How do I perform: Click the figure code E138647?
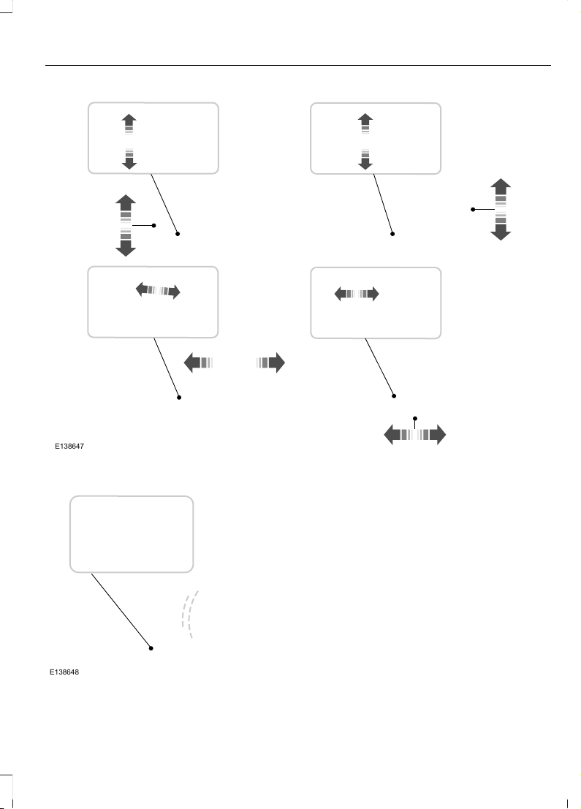click(x=69, y=447)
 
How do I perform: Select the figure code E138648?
click(x=64, y=672)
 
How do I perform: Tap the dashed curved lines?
click(x=189, y=614)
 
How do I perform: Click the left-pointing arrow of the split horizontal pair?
click(x=198, y=362)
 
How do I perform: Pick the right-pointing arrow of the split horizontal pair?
click(x=270, y=362)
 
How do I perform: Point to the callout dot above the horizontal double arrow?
click(x=415, y=419)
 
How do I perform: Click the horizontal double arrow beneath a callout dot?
click(x=415, y=435)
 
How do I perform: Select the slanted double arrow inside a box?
click(x=158, y=291)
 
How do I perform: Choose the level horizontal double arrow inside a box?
click(x=357, y=294)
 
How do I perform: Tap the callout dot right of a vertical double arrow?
click(x=153, y=226)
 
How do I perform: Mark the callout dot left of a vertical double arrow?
click(x=473, y=210)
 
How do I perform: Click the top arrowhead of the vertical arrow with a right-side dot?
click(x=126, y=200)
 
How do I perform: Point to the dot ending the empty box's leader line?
click(x=151, y=648)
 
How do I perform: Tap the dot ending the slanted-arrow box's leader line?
click(x=179, y=398)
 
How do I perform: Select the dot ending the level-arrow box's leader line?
click(x=394, y=395)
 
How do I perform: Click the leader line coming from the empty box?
click(x=121, y=610)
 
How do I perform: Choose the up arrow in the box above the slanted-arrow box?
click(x=129, y=124)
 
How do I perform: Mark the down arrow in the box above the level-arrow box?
click(x=365, y=159)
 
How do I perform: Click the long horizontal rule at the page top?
click(x=298, y=66)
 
